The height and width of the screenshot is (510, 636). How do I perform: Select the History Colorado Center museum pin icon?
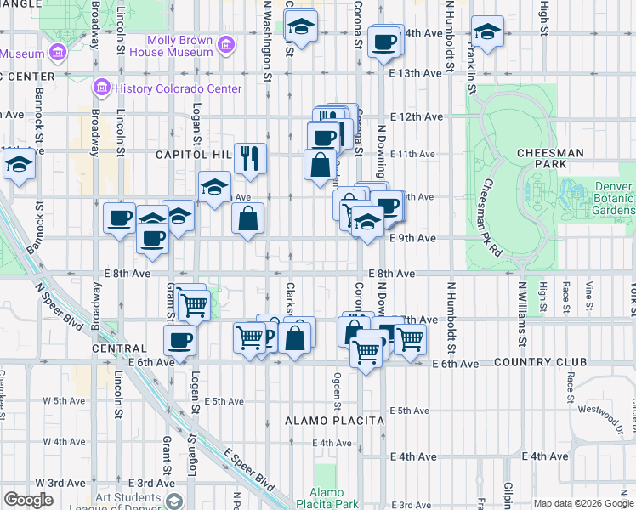pyautogui.click(x=101, y=88)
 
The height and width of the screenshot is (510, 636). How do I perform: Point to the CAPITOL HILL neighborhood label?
pyautogui.click(x=193, y=155)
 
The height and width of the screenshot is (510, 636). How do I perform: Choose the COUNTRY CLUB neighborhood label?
pyautogui.click(x=544, y=363)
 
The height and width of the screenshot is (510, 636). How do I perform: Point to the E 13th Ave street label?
pyautogui.click(x=416, y=73)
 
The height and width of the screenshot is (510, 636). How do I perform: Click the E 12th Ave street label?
pyautogui.click(x=417, y=116)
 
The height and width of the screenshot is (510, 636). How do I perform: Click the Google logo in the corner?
pyautogui.click(x=28, y=500)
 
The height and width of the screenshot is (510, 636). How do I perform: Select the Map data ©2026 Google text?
pyautogui.click(x=582, y=502)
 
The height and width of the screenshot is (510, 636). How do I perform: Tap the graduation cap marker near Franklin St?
pyautogui.click(x=487, y=32)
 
